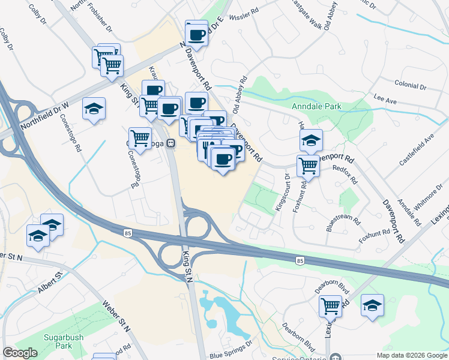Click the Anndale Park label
pyautogui.click(x=316, y=107)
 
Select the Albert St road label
pyautogui.click(x=49, y=281)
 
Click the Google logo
pyautogui.click(x=20, y=352)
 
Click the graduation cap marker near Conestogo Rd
pyautogui.click(x=94, y=109)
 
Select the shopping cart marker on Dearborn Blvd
pyautogui.click(x=330, y=306)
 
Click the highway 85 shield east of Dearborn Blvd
pyautogui.click(x=299, y=260)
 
